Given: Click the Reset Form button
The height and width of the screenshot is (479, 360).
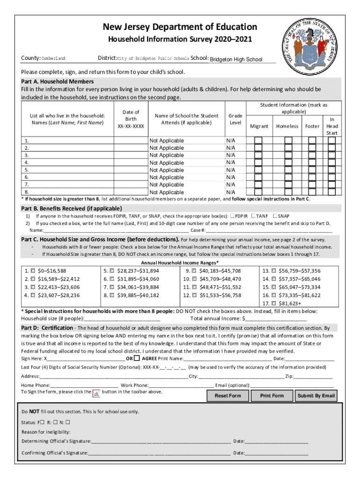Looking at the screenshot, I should [x=228, y=396].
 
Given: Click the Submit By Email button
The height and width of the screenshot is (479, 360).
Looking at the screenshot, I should [x=316, y=396].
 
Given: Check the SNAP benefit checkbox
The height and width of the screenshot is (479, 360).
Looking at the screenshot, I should [x=274, y=216].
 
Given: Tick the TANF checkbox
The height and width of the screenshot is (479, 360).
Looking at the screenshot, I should [x=253, y=216].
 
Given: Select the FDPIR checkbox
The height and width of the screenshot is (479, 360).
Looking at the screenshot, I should [x=232, y=216].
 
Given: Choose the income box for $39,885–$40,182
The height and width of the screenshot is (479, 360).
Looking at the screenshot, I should [x=112, y=295].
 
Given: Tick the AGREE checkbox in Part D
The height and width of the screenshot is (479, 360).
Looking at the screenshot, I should [x=137, y=358].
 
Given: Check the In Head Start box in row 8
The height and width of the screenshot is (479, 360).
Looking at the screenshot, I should [x=331, y=192].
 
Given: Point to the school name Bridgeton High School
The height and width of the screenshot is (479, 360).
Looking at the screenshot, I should [x=236, y=59].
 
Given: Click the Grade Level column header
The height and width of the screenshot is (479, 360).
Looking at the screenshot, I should [x=235, y=119].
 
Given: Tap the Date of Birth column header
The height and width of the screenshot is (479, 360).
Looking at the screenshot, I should [x=131, y=119].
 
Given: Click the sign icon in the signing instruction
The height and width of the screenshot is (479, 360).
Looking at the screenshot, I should [x=96, y=394].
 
